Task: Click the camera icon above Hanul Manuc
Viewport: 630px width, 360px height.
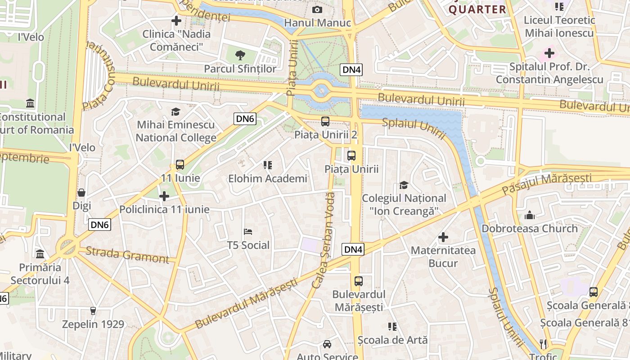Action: (317, 10)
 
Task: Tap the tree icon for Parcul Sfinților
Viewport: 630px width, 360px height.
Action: (240, 55)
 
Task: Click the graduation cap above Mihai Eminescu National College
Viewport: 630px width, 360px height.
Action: (176, 112)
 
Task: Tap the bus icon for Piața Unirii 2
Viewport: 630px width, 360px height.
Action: (325, 121)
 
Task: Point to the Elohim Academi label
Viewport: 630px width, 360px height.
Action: (267, 179)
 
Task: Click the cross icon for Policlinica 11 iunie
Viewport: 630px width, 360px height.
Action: (164, 196)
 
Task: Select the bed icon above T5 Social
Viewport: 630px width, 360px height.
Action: (248, 232)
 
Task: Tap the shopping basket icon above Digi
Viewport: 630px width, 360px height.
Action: (81, 193)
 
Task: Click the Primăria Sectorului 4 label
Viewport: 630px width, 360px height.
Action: (40, 274)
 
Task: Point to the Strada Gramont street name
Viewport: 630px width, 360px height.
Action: (127, 255)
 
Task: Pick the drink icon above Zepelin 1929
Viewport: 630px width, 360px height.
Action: (93, 310)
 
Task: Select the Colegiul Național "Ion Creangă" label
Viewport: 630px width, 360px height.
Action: (404, 204)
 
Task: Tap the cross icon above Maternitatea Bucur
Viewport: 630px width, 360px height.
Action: (443, 237)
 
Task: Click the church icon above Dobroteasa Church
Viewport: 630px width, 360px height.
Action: (530, 215)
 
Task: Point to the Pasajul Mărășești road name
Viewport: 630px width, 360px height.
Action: (547, 184)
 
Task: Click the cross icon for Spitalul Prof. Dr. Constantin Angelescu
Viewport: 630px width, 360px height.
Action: (549, 53)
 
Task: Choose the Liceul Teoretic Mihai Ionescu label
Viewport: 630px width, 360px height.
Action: (559, 27)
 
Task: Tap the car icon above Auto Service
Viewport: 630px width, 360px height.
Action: (327, 344)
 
